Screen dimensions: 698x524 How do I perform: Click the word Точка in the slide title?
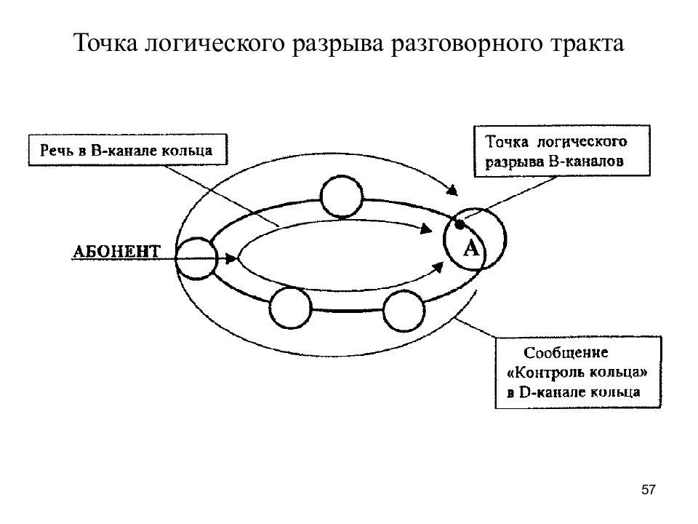click(x=106, y=44)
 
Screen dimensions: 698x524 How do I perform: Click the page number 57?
click(x=648, y=490)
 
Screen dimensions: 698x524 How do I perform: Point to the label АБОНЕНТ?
click(x=116, y=252)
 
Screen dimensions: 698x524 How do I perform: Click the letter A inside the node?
click(x=471, y=248)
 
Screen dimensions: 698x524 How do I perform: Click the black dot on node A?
click(x=460, y=223)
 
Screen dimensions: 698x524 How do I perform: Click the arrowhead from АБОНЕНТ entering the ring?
click(x=231, y=258)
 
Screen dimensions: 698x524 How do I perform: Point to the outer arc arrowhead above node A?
click(x=452, y=190)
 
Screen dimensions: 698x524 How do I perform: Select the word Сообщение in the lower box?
click(x=566, y=352)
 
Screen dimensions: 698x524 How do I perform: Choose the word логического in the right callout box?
click(x=582, y=142)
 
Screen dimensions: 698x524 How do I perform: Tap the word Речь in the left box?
click(x=57, y=150)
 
